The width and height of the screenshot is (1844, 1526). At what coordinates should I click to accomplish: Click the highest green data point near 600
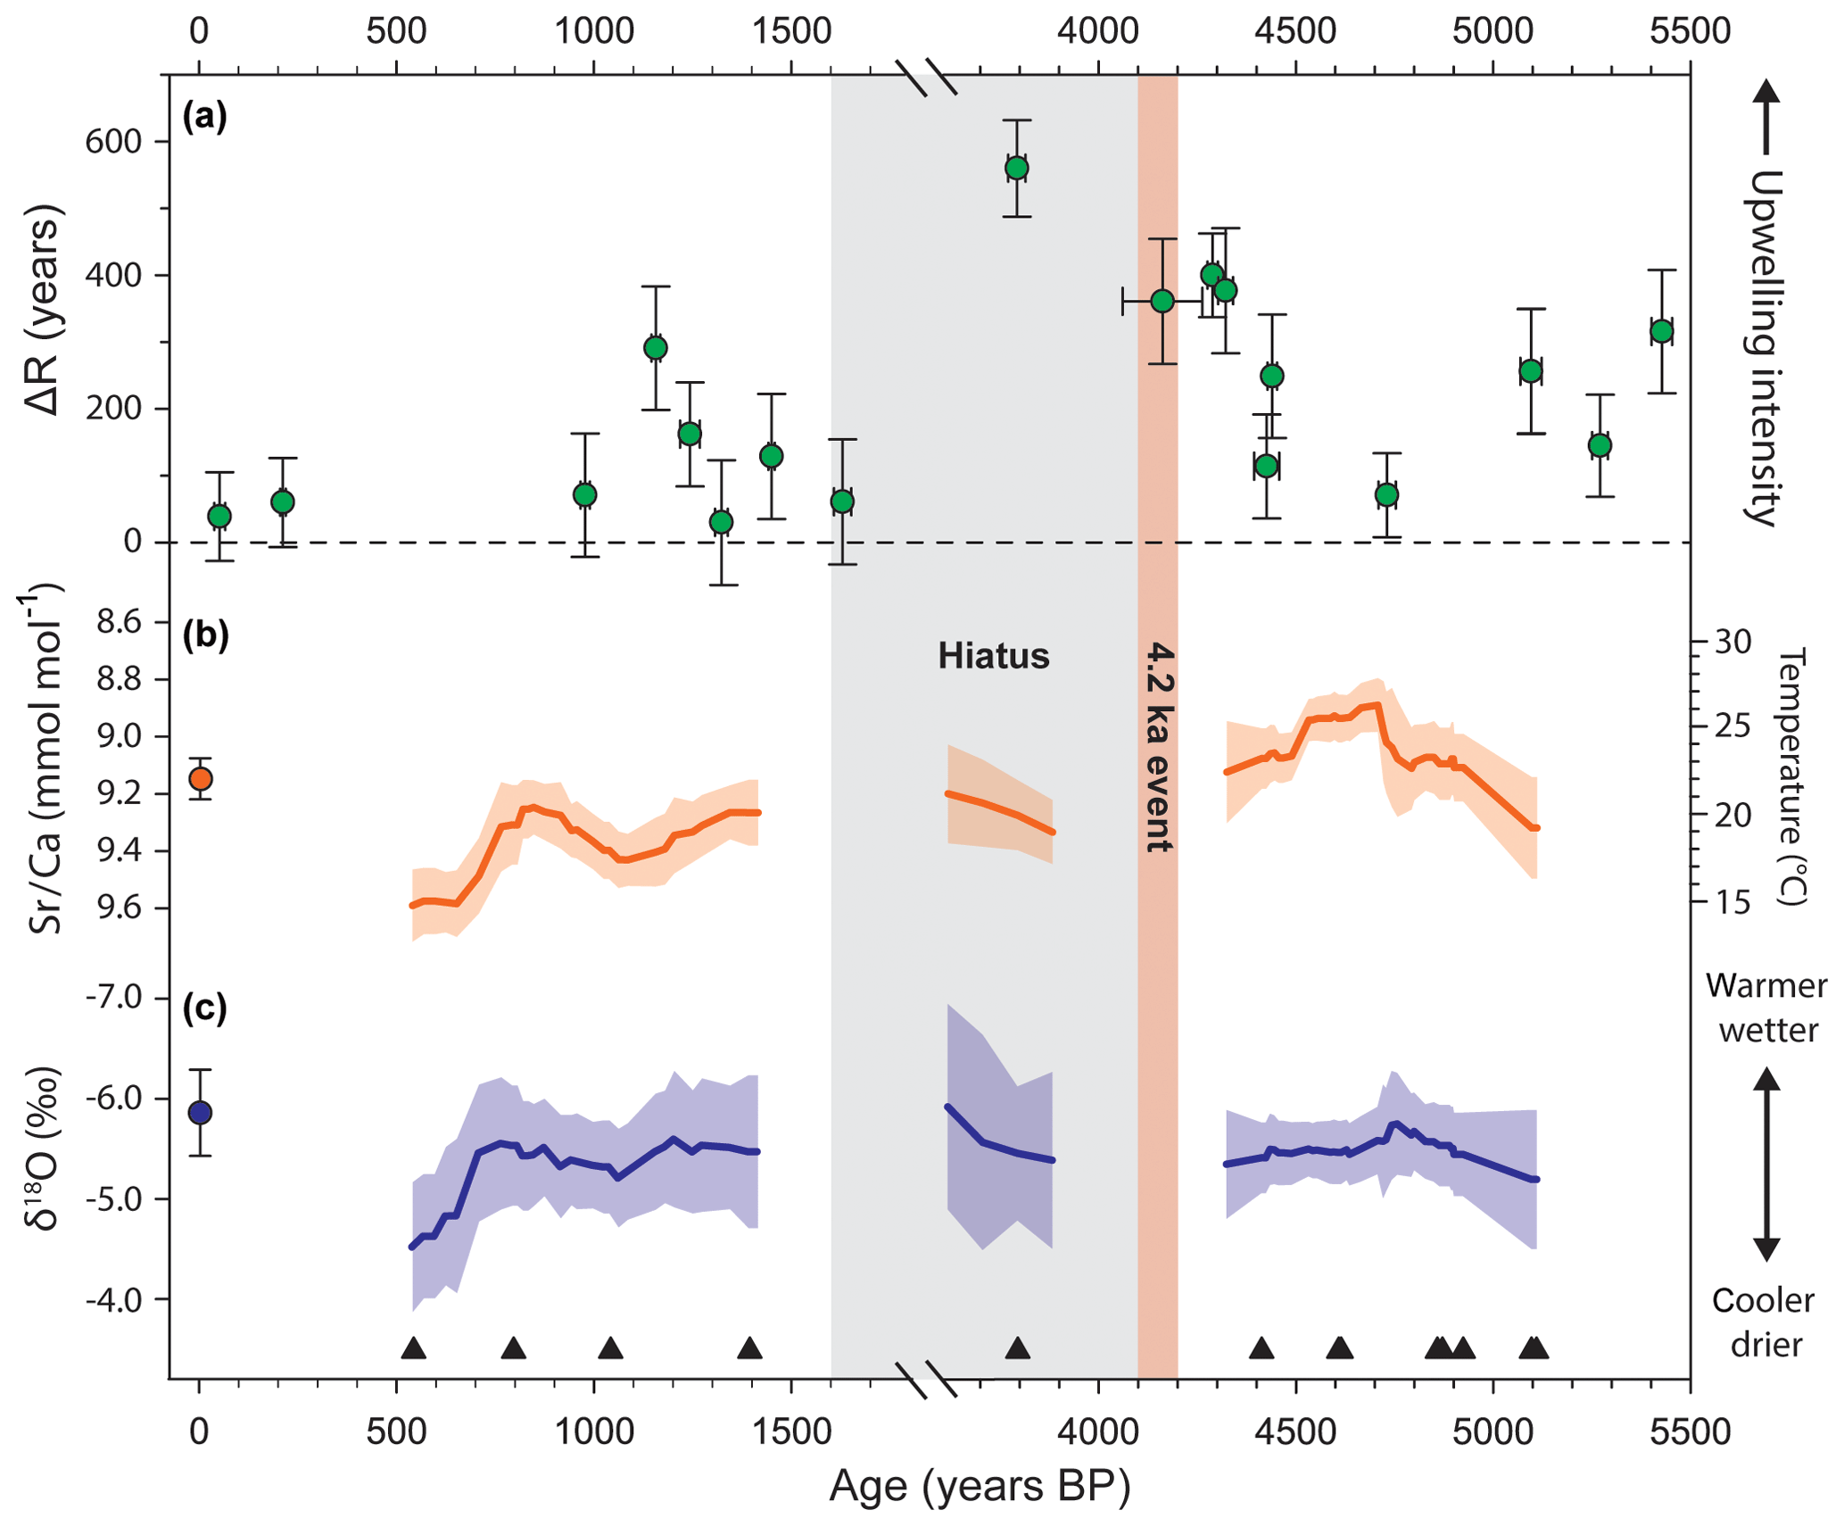1016,168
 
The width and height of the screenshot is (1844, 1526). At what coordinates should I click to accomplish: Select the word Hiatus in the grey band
993,656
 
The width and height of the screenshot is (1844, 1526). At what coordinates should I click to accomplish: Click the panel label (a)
204,116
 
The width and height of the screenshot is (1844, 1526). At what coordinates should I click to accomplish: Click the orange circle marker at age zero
200,779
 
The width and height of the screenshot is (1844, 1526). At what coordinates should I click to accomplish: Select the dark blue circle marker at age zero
200,1113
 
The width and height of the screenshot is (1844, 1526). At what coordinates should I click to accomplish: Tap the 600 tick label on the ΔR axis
113,142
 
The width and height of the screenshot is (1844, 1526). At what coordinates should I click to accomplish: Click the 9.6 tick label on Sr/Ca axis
120,908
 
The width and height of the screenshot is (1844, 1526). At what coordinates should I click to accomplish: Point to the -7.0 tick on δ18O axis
113,997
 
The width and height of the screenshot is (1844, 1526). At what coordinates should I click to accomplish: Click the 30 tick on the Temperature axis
1732,641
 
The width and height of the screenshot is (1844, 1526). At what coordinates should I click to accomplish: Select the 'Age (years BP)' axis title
980,1487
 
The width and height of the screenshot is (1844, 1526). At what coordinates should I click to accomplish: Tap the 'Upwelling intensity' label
1763,348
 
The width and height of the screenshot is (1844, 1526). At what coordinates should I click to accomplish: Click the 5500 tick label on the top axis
1690,31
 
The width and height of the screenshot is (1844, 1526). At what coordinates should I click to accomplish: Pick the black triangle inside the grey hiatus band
1017,1348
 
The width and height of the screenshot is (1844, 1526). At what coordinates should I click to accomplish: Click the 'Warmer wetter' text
1766,1008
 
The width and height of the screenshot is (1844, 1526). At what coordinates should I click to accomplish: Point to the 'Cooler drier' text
1764,1322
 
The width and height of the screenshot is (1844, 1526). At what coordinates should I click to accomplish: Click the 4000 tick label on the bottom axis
1097,1431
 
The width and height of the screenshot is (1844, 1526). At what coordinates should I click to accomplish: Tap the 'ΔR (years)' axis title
43,311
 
